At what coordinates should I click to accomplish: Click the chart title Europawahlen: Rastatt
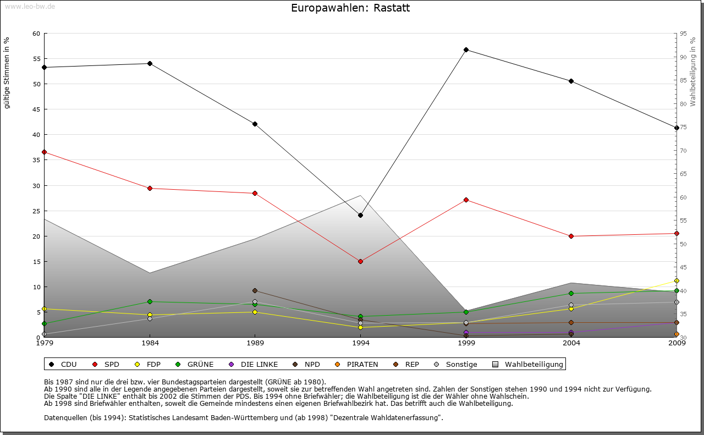350,8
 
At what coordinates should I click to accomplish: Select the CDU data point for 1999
466,50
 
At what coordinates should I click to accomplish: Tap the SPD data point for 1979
44,152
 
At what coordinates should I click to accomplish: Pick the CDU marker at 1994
360,216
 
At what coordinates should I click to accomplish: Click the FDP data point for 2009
676,281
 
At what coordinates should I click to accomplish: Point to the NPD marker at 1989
255,291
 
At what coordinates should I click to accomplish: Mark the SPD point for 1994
360,262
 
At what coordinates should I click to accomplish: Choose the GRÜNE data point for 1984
150,302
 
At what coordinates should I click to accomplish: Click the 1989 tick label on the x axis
255,344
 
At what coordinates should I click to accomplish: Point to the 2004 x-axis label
571,344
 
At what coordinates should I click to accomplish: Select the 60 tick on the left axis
36,34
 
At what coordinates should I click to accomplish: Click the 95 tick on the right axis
683,34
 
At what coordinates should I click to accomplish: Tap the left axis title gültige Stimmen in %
7,73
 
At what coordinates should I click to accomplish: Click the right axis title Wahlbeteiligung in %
693,72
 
